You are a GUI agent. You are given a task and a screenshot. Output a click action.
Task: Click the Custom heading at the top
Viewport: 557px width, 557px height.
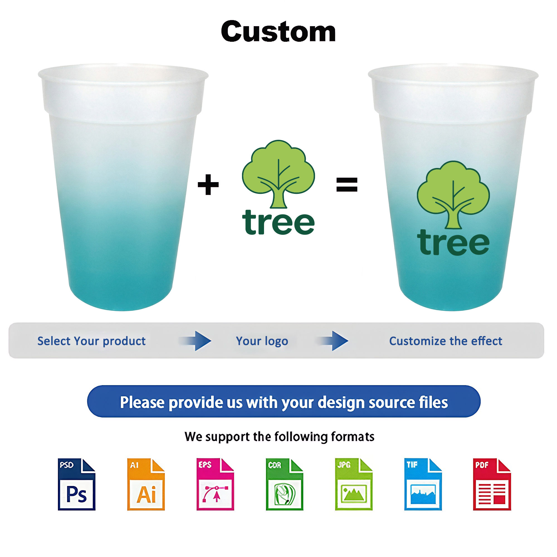278,31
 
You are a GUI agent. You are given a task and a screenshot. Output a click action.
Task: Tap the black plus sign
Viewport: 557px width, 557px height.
208,185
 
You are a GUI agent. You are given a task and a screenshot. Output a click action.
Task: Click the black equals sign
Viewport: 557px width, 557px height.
347,185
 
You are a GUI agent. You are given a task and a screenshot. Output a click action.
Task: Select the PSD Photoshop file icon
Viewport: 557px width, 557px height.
77,484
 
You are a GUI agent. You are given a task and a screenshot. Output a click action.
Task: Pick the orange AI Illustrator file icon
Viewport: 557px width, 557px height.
146,484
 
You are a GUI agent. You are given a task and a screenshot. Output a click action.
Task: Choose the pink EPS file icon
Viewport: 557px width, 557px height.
215,484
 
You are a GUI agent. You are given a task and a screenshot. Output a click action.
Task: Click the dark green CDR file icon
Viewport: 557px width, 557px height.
285,484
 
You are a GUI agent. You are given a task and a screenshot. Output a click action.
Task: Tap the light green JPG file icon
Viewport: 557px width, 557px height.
354,484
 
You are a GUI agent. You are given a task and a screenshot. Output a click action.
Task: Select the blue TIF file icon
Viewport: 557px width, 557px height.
423,484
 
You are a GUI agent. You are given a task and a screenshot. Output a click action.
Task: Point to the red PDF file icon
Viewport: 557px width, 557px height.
492,484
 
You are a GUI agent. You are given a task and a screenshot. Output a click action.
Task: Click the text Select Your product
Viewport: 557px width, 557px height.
91,341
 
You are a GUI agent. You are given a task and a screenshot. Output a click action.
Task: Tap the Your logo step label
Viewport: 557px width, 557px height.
262,341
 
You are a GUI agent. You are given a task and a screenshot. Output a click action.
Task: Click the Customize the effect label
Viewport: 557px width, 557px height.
446,341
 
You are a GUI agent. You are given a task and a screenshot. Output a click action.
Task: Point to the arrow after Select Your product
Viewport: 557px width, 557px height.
195,341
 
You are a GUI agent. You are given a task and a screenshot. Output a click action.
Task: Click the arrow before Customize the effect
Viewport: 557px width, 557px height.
332,341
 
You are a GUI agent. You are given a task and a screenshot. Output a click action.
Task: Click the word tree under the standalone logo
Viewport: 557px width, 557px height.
278,222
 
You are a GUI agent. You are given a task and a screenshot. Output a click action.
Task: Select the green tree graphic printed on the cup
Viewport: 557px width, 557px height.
453,195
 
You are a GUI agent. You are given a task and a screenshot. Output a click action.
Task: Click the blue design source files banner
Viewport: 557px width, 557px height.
284,401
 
